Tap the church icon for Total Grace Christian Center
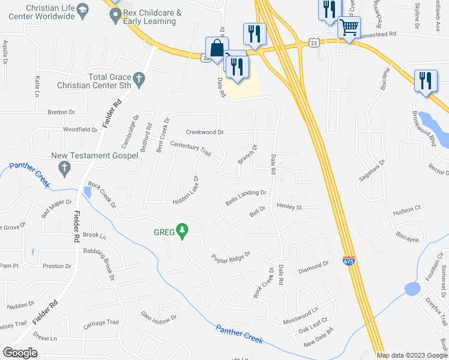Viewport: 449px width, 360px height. [139, 78]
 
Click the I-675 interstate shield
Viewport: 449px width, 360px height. [349, 261]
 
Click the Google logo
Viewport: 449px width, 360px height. [20, 352]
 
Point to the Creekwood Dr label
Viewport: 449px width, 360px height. [204, 132]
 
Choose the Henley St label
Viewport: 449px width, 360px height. [289, 206]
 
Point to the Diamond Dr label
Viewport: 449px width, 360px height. [314, 264]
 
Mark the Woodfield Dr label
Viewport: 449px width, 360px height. [80, 130]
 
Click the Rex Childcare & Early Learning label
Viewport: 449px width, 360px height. [151, 17]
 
